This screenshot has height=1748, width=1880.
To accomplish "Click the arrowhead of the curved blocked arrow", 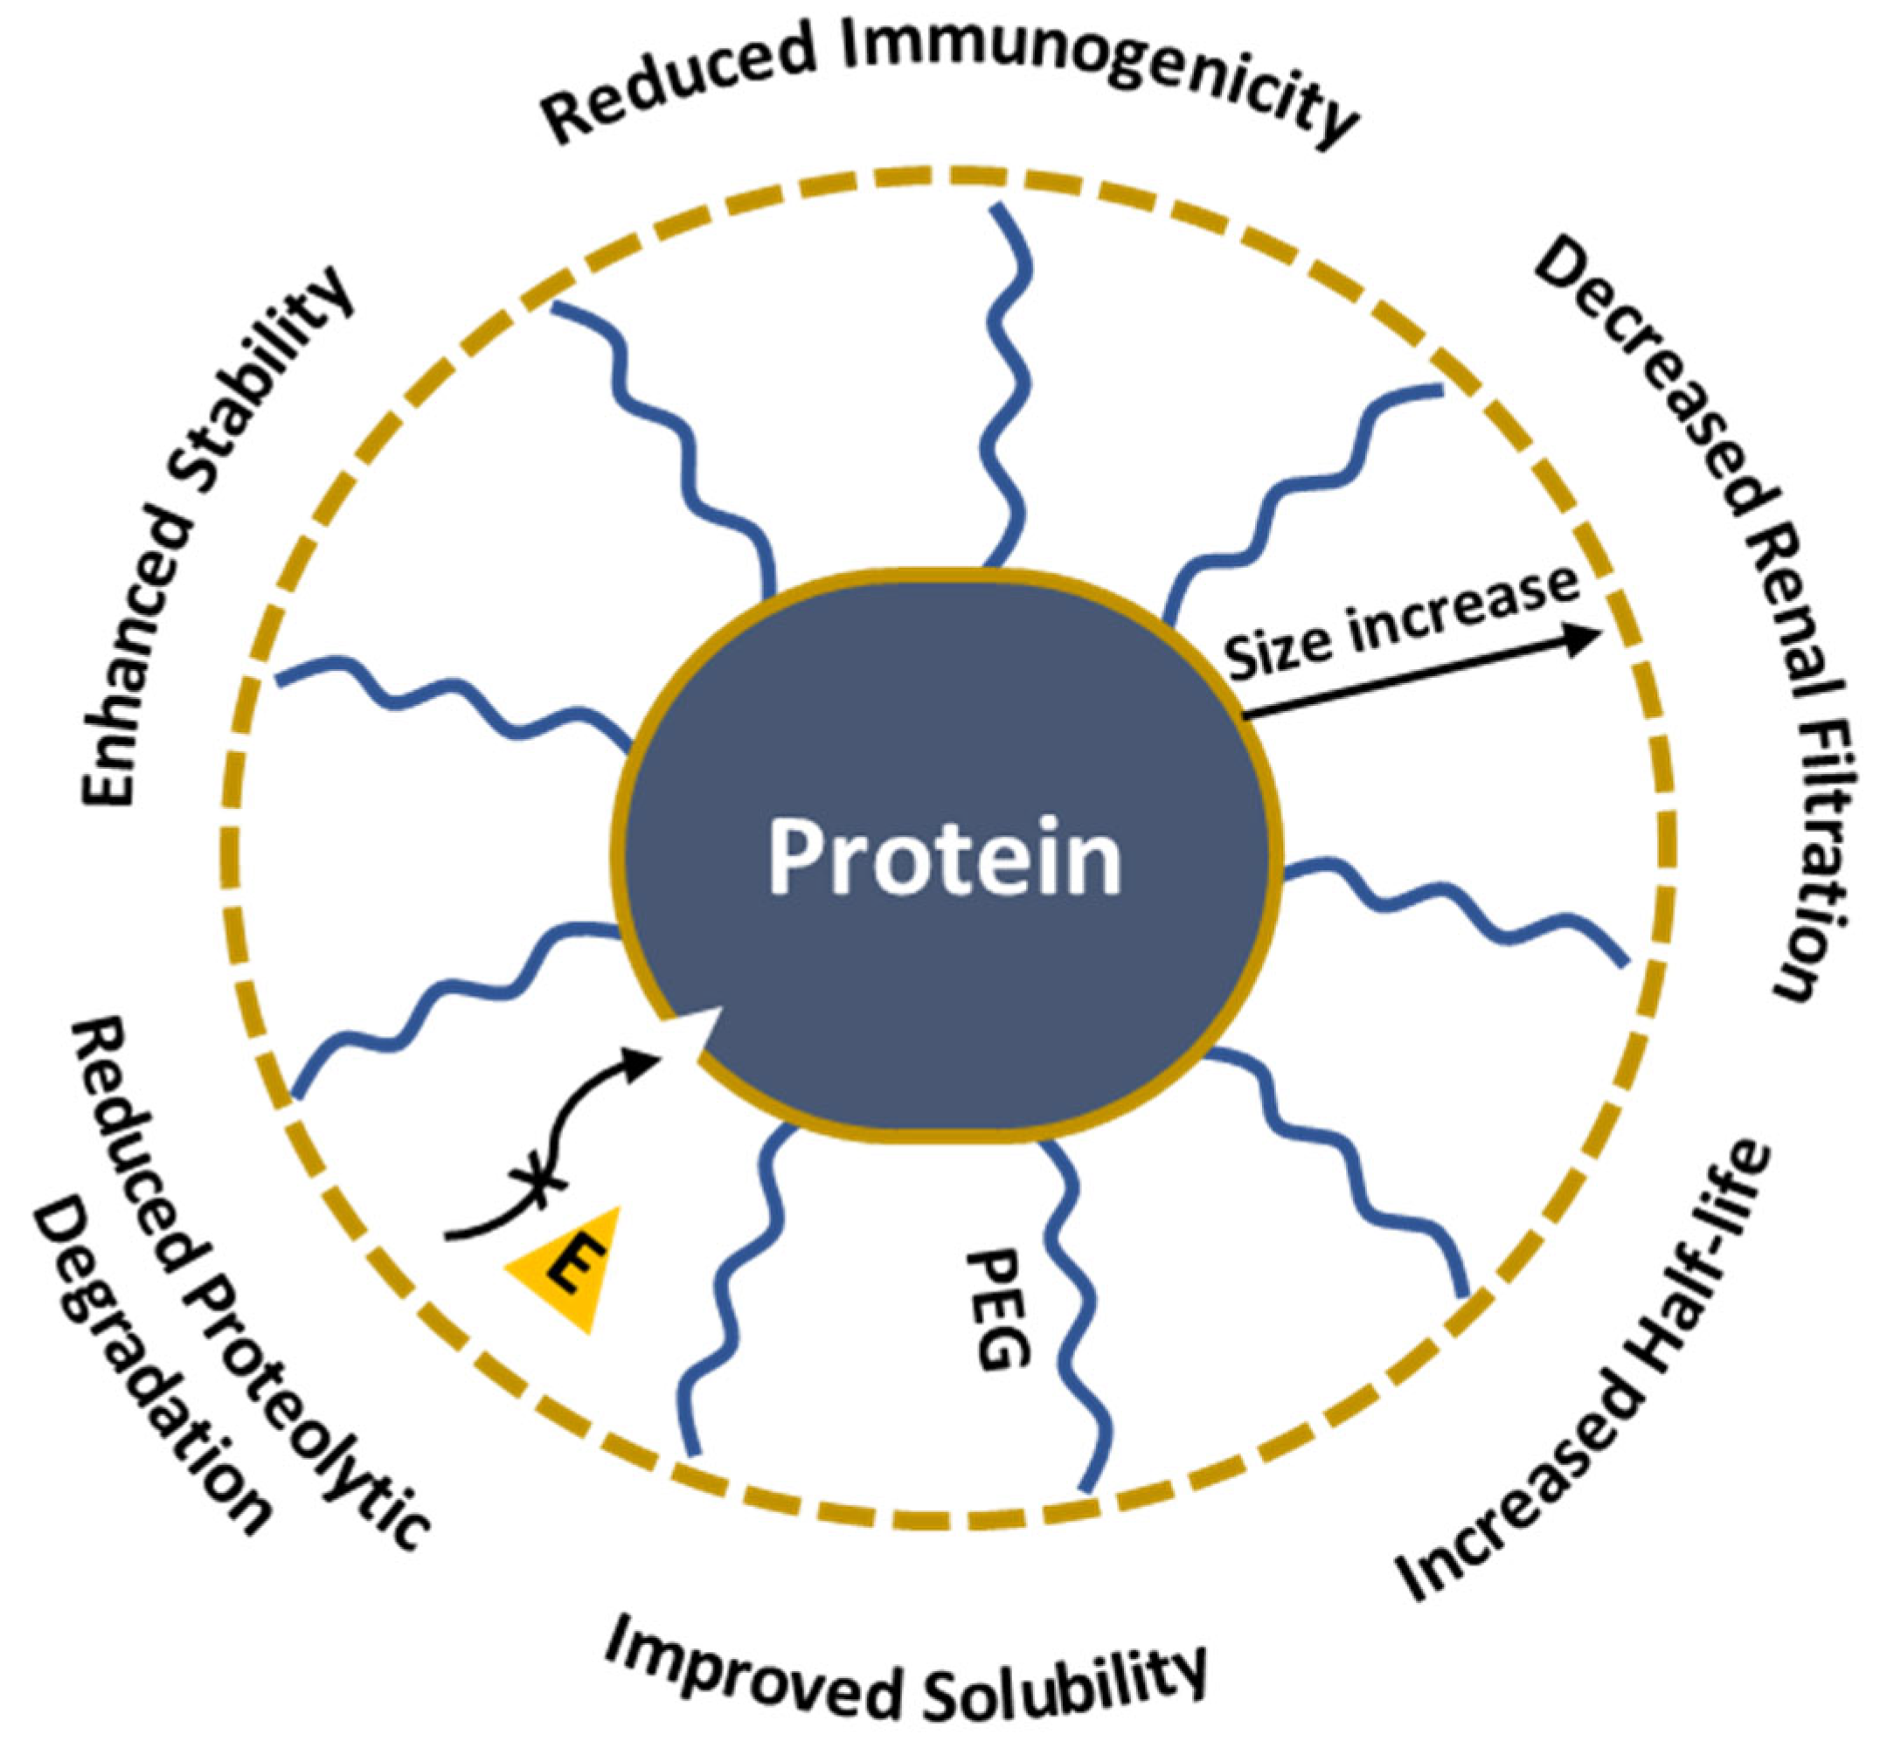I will click(x=647, y=1058).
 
